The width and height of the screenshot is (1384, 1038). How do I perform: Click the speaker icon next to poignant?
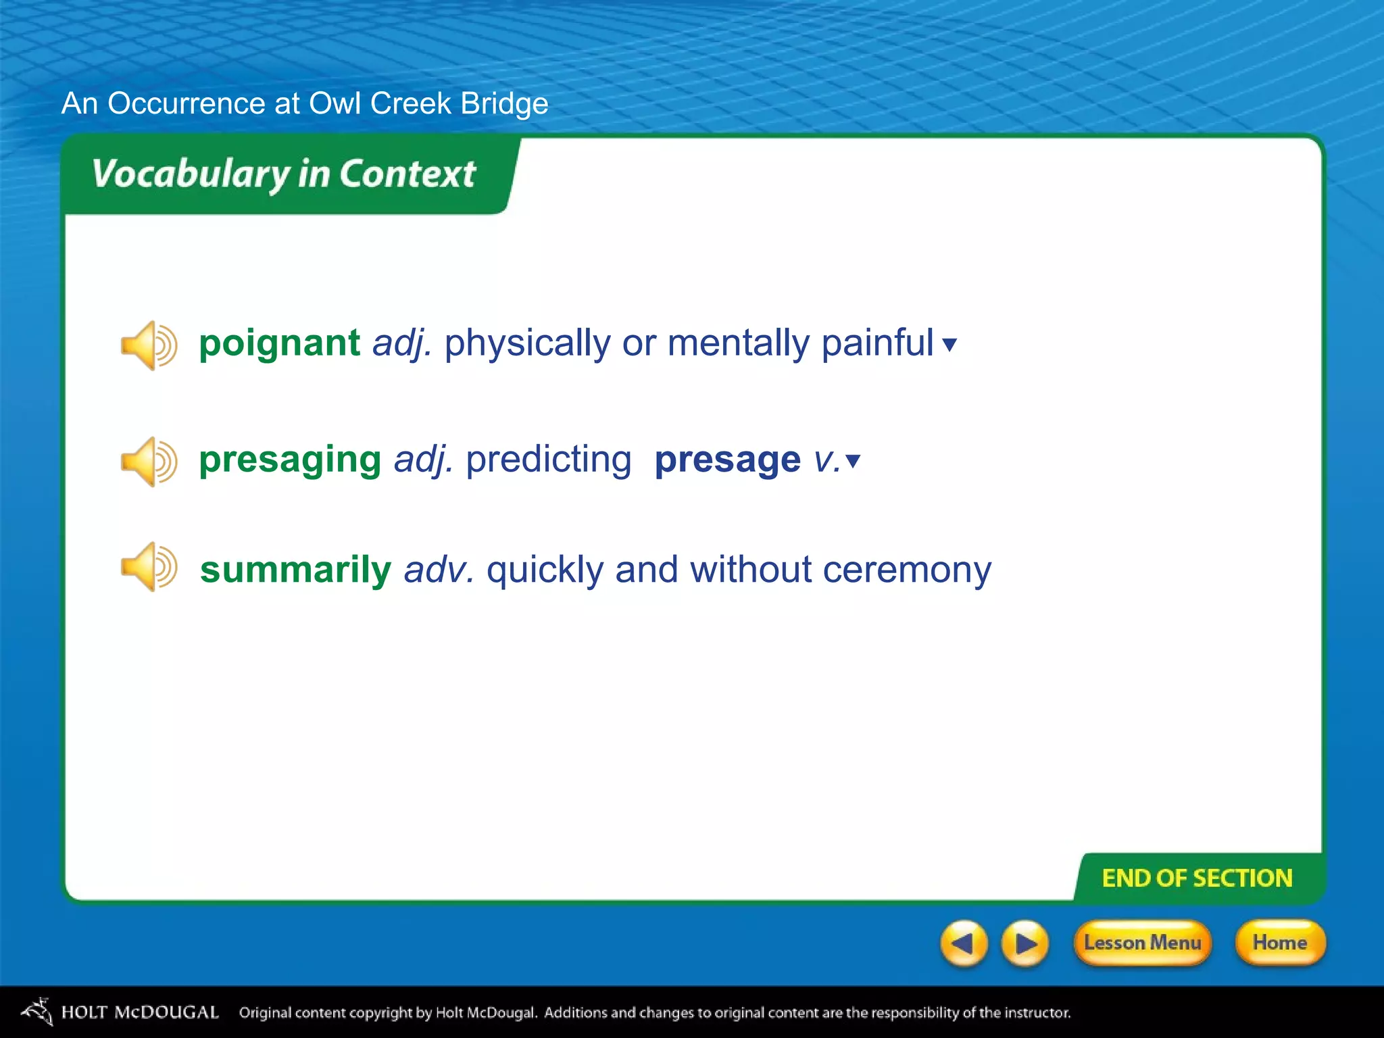coord(149,345)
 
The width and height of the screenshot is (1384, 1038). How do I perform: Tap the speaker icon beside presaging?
coord(149,462)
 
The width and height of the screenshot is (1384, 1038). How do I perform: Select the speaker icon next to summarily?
coord(149,567)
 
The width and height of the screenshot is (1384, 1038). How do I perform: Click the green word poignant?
coord(279,343)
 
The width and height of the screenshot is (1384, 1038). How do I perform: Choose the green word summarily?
coord(295,570)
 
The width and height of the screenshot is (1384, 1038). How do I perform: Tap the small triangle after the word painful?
coord(949,345)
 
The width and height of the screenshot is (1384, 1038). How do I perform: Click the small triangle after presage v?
coord(853,461)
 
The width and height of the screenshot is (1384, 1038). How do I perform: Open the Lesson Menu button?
coord(1142,943)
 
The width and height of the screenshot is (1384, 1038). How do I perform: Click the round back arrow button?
coord(964,943)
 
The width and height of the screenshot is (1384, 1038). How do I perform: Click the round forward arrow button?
coord(1024,943)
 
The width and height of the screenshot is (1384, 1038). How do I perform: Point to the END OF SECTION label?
coord(1197,878)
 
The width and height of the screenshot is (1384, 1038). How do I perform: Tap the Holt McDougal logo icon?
coord(37,1011)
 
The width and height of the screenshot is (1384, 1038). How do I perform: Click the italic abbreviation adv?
coord(439,570)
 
